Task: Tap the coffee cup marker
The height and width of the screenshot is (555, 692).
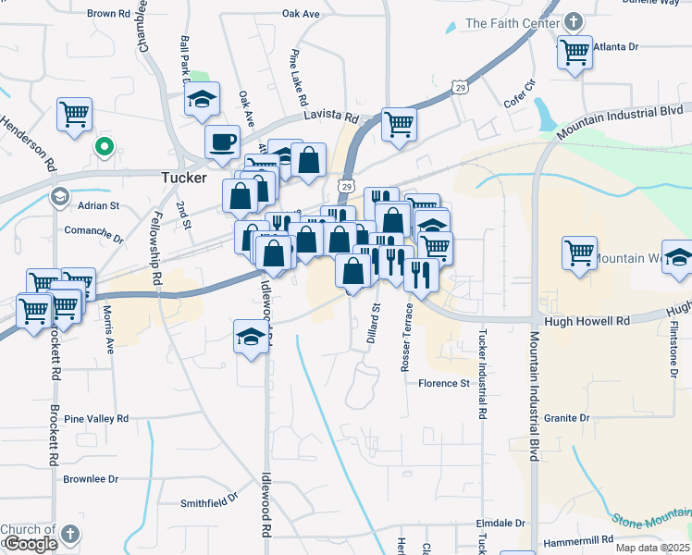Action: coord(222,142)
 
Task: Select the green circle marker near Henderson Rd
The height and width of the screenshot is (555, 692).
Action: coord(105,145)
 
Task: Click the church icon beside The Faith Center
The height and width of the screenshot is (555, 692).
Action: coord(573,21)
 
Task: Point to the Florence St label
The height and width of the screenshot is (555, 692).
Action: coord(444,383)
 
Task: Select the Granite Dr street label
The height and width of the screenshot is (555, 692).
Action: coord(566,418)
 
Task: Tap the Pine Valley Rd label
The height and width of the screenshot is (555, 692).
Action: coord(96,419)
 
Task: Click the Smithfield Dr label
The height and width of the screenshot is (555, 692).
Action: coord(208,504)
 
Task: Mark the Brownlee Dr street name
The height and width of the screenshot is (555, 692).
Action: coord(91,479)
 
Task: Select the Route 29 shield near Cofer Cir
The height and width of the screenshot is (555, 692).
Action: coord(460,87)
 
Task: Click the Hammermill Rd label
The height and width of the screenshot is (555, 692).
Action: coord(581,538)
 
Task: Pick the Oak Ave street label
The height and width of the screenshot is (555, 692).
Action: coord(301,15)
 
